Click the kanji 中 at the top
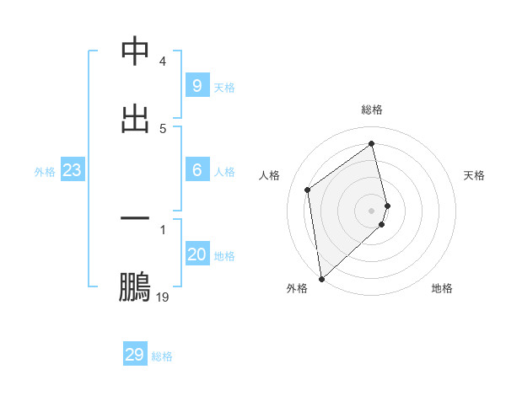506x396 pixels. click(x=135, y=52)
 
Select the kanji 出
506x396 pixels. click(x=135, y=117)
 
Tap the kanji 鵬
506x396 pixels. click(x=135, y=288)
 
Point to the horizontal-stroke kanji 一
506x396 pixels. click(x=135, y=219)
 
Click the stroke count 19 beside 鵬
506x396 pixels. click(x=163, y=297)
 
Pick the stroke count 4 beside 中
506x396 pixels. click(x=163, y=62)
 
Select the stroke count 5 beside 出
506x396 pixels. click(x=163, y=128)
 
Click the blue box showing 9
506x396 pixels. click(x=196, y=86)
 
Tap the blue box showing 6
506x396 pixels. click(x=196, y=170)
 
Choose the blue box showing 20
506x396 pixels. click(x=196, y=254)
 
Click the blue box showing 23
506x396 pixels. click(x=72, y=170)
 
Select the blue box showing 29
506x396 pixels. click(x=135, y=354)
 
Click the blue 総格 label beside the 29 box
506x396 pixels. click(x=162, y=356)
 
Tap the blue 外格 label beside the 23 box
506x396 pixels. click(x=45, y=172)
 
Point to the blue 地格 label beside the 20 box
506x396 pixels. click(x=225, y=256)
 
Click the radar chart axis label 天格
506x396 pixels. click(x=474, y=175)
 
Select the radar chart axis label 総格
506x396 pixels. click(x=372, y=110)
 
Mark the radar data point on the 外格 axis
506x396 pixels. click(x=321, y=278)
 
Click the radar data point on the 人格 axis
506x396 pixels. click(x=308, y=190)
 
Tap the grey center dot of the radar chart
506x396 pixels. click(x=372, y=210)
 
